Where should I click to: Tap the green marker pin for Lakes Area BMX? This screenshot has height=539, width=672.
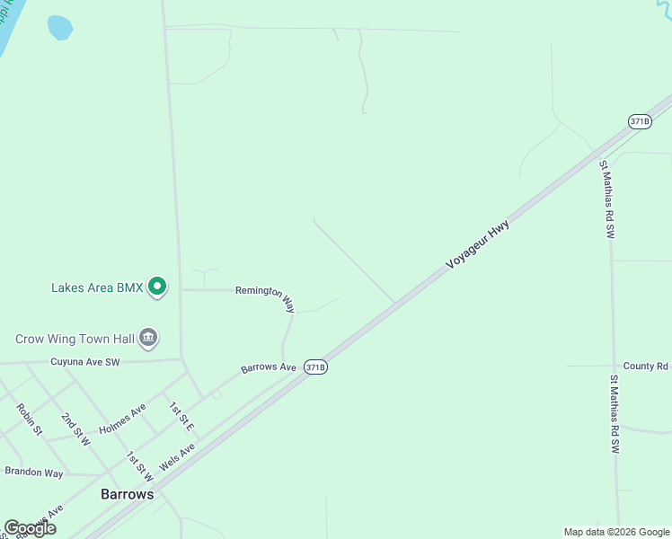point(157,287)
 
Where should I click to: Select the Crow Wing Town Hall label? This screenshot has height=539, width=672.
point(75,339)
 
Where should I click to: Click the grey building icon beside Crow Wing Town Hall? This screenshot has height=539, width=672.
point(148,339)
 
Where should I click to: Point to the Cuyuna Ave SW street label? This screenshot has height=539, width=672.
point(85,362)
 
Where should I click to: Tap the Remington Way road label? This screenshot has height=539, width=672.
point(266,297)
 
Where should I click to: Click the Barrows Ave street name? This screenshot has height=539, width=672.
point(268,368)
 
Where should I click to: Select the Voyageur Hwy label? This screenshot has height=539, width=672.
point(479,246)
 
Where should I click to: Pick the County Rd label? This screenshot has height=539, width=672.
point(646,366)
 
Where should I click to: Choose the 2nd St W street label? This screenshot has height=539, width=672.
point(75,429)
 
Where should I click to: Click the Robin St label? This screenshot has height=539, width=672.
point(30,419)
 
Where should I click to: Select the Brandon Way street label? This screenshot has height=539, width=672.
point(34,472)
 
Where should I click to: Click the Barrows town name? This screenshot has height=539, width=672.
point(126,494)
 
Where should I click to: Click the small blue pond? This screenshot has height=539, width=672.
point(59,27)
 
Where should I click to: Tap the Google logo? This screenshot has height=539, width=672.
point(30,528)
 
